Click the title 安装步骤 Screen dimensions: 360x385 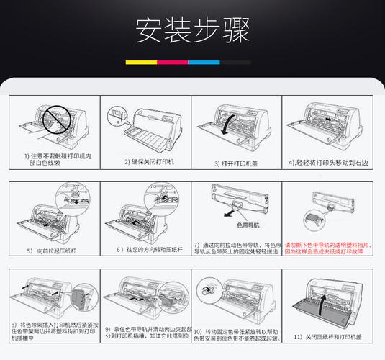pyautogui.click(x=192, y=30)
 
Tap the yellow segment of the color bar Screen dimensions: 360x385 pyautogui.click(x=140, y=63)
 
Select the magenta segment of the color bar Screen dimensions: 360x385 pyautogui.click(x=172, y=63)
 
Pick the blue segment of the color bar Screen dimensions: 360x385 pyautogui.click(x=204, y=63)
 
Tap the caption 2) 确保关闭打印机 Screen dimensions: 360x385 pyautogui.click(x=150, y=162)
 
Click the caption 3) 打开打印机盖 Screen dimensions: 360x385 pyautogui.click(x=237, y=163)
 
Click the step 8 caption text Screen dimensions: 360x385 pyautogui.click(x=52, y=331)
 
